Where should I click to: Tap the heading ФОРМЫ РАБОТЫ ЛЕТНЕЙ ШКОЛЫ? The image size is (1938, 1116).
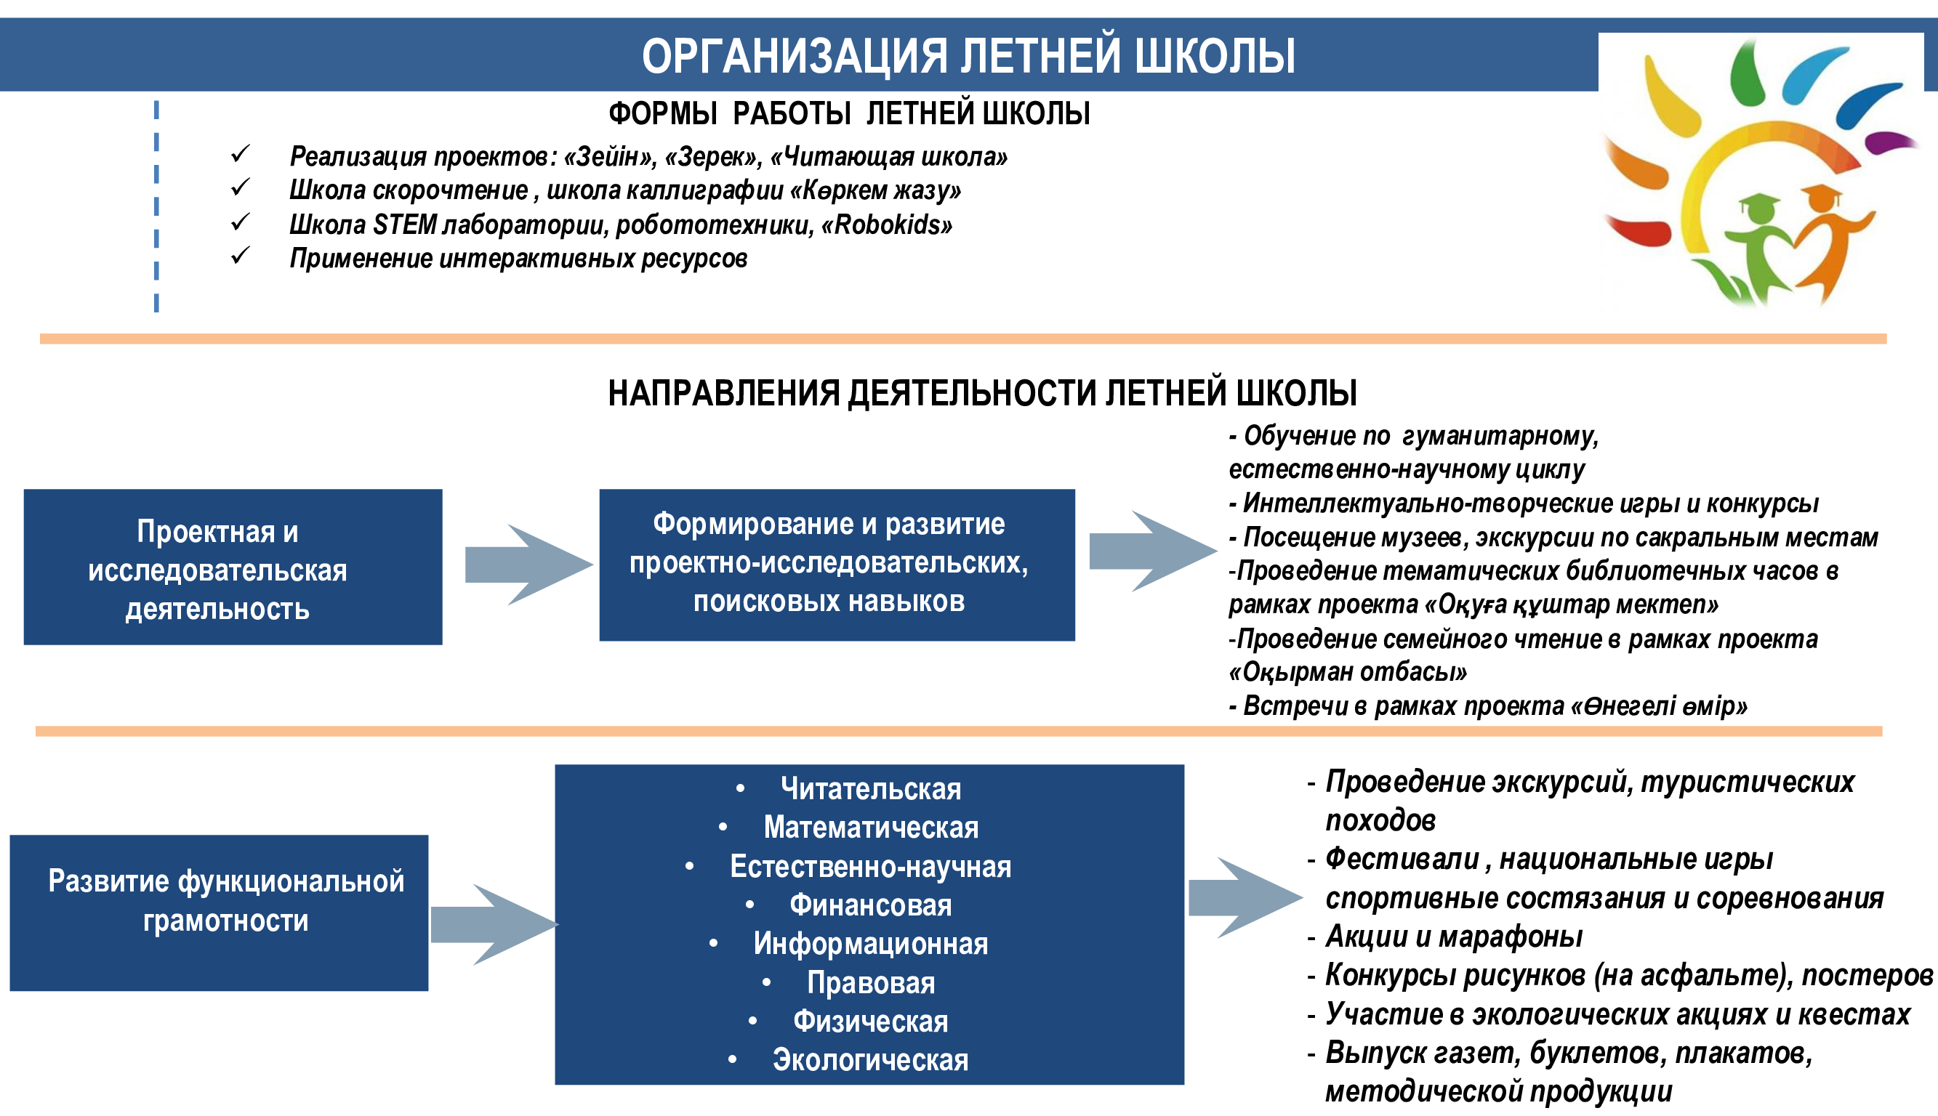click(x=849, y=113)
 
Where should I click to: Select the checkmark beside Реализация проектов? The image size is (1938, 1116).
click(x=240, y=153)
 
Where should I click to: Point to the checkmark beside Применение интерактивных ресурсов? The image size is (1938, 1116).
click(x=240, y=255)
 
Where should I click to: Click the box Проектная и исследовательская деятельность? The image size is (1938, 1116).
click(x=233, y=567)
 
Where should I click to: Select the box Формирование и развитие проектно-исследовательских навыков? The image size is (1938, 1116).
click(x=837, y=565)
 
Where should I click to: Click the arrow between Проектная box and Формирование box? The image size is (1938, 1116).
click(x=529, y=565)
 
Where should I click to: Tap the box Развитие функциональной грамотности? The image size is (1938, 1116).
click(x=220, y=913)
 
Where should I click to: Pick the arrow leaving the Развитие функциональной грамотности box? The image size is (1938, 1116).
click(x=494, y=924)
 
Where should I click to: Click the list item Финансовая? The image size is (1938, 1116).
click(x=871, y=905)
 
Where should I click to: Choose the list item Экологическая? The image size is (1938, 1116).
click(x=871, y=1060)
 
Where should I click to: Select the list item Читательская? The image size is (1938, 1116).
click(x=871, y=789)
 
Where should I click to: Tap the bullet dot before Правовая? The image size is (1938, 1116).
click(x=767, y=982)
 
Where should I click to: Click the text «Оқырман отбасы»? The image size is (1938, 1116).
click(x=1348, y=672)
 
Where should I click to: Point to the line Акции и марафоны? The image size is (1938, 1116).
click(x=1454, y=937)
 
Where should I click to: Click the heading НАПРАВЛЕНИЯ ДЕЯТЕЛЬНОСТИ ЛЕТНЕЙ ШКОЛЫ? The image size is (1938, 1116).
click(x=982, y=393)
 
